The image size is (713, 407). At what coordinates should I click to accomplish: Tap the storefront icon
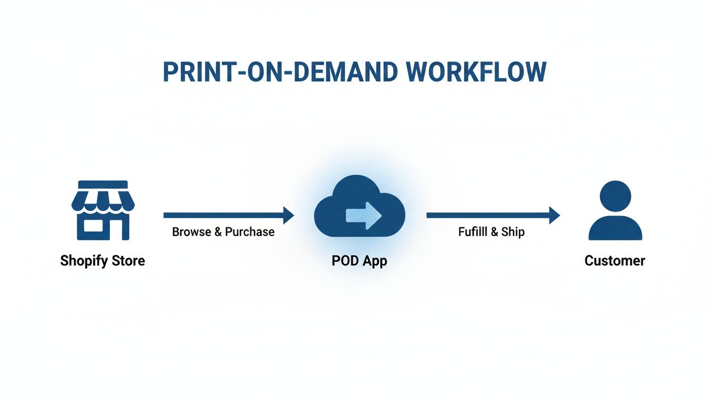point(100,210)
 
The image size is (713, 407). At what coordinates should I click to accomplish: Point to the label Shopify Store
point(102,261)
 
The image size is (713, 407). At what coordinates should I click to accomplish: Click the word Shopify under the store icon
point(82,261)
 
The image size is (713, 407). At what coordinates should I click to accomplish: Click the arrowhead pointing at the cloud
point(289,215)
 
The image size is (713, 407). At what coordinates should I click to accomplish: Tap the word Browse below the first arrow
point(192,232)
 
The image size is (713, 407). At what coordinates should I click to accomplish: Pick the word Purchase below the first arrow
point(250,232)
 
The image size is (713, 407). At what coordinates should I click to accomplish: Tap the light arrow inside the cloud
point(363,215)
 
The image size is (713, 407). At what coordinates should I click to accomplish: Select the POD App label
point(359,261)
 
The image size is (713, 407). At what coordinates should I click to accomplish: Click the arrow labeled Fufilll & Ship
point(491,215)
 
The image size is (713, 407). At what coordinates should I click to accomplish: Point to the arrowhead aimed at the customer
point(555,215)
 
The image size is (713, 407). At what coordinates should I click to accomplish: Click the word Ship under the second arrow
point(512,232)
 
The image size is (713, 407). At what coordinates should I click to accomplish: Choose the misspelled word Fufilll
point(473,232)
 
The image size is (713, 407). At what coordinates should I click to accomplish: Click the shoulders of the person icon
point(615,229)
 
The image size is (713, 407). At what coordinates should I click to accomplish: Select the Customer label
point(615,261)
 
